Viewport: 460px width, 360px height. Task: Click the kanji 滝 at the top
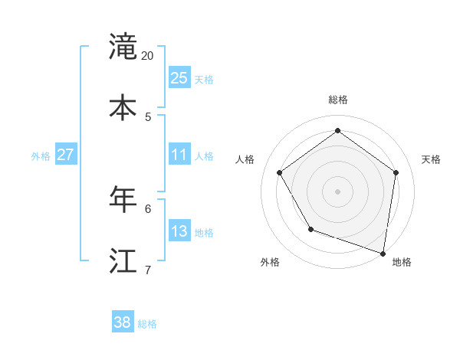123,47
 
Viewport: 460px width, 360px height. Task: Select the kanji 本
123,106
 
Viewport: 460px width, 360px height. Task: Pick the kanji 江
123,260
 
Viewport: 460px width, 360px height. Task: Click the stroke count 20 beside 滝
148,56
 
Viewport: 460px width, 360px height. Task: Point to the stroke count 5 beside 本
148,116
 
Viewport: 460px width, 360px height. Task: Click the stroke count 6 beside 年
148,208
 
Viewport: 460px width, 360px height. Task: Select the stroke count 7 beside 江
148,270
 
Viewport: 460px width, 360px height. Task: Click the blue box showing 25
179,78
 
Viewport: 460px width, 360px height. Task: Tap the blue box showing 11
179,155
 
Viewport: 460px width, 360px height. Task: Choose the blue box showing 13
179,231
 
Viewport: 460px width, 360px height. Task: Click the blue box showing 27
65,155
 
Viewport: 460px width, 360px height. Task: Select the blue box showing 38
123,322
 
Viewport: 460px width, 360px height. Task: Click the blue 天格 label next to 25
204,80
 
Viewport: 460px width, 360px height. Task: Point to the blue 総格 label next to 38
147,324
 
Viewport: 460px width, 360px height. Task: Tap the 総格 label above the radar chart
337,100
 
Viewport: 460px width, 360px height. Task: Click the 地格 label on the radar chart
402,263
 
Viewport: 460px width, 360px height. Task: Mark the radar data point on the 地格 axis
383,253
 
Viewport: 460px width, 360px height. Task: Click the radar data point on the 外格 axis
310,229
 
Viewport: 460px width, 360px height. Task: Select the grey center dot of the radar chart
337,191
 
